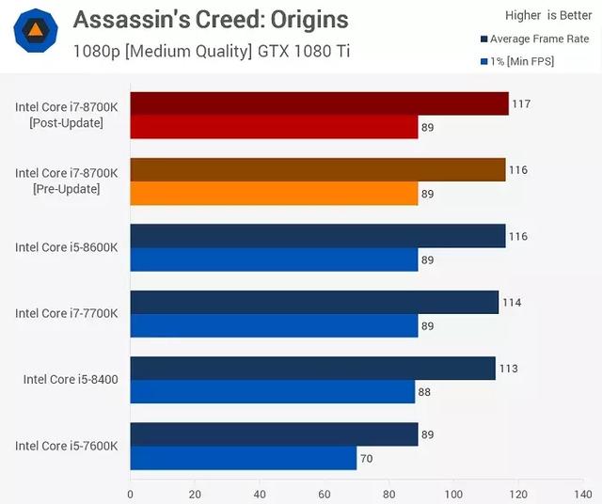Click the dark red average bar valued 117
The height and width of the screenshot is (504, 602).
[x=320, y=103]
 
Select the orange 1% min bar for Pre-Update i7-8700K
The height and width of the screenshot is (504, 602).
[x=274, y=194]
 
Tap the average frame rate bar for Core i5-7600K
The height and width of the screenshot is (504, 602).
[x=274, y=434]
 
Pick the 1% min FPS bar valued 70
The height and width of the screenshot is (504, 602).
[x=244, y=458]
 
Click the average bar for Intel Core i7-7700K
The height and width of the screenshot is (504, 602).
[x=314, y=302]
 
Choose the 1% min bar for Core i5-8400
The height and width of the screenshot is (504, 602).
[x=273, y=391]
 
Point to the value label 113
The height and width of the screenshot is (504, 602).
[x=508, y=369]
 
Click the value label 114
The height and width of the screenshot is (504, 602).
[x=512, y=303]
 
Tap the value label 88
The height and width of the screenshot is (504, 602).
[x=424, y=392]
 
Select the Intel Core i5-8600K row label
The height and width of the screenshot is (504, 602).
[x=67, y=247]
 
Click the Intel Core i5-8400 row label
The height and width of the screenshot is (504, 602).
[x=71, y=379]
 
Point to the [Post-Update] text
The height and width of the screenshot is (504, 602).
[x=67, y=123]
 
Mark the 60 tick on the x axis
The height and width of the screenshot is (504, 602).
[x=325, y=494]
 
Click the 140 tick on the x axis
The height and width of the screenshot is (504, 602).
[x=583, y=494]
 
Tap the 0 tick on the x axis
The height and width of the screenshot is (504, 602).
[x=131, y=494]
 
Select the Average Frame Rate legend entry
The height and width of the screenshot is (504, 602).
[x=535, y=39]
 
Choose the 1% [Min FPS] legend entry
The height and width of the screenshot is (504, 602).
[x=517, y=61]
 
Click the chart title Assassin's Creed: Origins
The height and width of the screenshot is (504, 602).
[x=211, y=19]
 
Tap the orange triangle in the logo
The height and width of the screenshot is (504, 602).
[x=36, y=30]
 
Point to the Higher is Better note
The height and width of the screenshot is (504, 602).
[x=548, y=15]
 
